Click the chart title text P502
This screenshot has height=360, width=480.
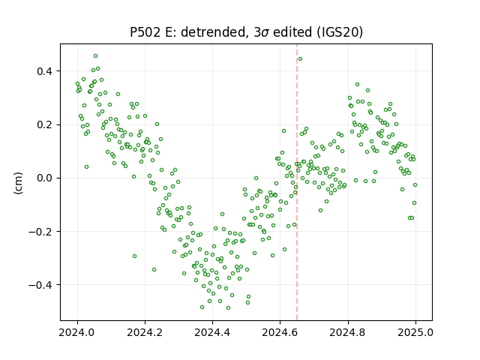145,32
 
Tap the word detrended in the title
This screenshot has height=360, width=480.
214,32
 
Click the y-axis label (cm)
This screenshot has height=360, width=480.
18,183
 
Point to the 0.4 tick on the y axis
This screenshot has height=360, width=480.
45,71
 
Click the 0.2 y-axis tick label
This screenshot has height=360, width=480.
45,125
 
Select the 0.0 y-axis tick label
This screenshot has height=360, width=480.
45,178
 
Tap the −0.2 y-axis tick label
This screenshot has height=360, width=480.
40,232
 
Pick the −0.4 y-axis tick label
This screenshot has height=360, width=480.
40,285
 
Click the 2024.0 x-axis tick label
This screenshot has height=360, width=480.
77,331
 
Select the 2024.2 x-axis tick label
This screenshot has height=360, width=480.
145,331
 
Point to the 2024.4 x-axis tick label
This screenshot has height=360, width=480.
212,331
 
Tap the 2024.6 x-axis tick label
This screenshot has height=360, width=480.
280,331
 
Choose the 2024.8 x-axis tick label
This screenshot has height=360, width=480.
348,331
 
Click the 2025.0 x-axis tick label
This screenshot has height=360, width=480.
415,331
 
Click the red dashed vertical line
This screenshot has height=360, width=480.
297,182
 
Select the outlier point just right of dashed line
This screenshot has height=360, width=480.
300,58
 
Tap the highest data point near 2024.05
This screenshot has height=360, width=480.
95,56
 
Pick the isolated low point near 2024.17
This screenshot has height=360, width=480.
134,256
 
